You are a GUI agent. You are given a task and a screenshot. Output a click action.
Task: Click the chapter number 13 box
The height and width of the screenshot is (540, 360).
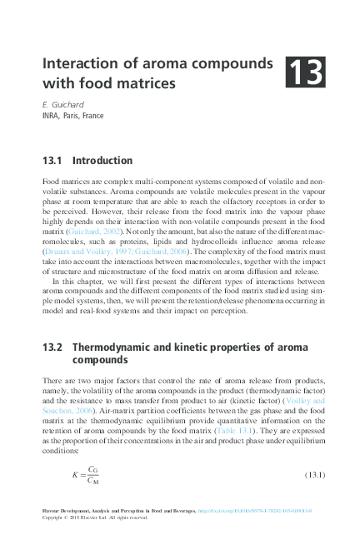307,72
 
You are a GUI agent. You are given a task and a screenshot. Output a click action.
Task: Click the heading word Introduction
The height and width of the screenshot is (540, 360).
102,160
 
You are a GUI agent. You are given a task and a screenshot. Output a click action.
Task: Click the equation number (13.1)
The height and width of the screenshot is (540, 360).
309,476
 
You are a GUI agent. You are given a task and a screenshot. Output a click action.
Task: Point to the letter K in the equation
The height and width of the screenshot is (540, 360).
75,476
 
